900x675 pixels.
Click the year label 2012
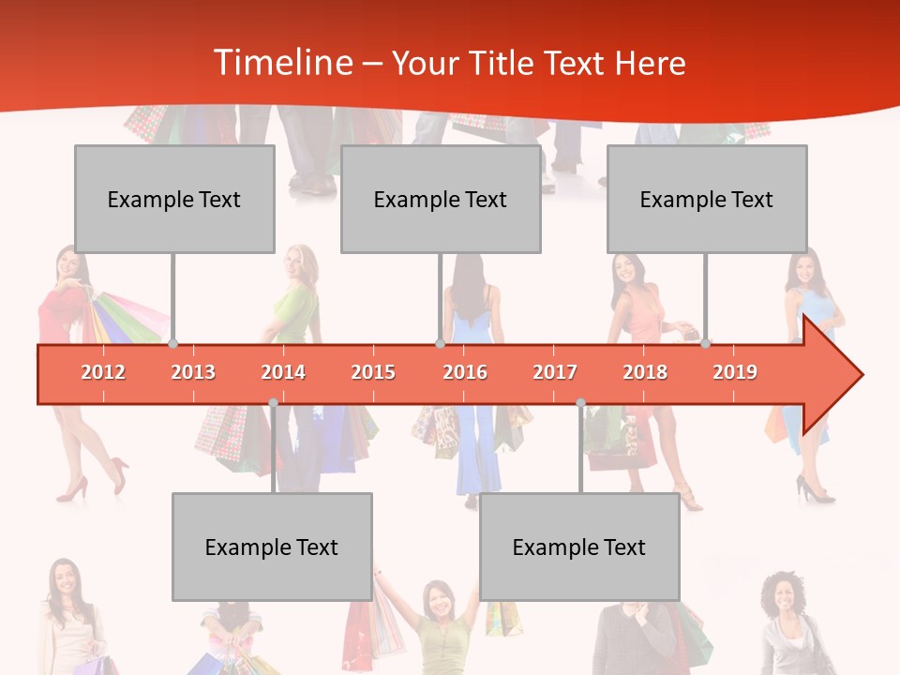click(x=103, y=372)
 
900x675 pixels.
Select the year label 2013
click(x=193, y=372)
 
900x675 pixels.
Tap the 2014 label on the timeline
click(x=283, y=372)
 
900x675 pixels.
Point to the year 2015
click(x=373, y=372)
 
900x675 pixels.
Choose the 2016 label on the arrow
click(x=465, y=372)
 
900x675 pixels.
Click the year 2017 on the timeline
click(x=555, y=372)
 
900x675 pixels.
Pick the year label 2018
click(x=645, y=372)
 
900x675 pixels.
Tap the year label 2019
click(x=735, y=372)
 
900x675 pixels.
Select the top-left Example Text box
click(x=174, y=199)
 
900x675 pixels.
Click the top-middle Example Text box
click(x=441, y=199)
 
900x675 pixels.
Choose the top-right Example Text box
click(x=707, y=199)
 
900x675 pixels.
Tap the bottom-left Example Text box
click(x=272, y=547)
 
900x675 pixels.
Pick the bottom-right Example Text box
click(x=579, y=547)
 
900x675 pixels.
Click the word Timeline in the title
click(x=282, y=63)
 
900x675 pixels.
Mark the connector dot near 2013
click(x=172, y=344)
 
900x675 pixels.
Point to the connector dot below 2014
click(x=273, y=403)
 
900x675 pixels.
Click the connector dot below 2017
click(x=580, y=403)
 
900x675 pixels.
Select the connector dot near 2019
click(x=705, y=344)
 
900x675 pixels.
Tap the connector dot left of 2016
click(x=440, y=344)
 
